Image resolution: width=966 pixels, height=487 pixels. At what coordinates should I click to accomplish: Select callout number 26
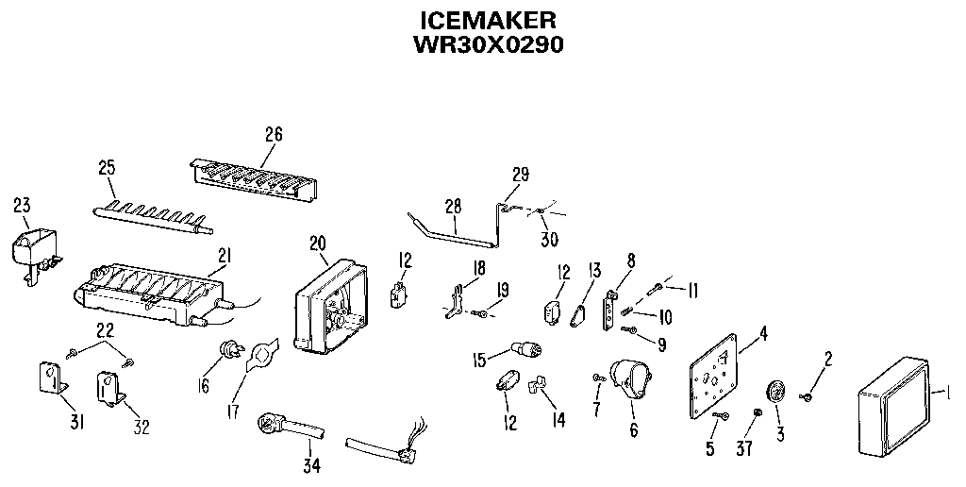click(x=273, y=133)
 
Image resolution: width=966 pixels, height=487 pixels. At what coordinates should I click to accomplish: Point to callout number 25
click(x=107, y=168)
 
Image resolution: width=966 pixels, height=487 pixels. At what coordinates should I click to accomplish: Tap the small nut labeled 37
click(x=757, y=412)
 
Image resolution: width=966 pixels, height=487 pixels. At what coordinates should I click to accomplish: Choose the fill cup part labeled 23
click(x=31, y=246)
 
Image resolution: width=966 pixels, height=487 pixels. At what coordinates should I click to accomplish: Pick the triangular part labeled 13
click(x=577, y=314)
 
